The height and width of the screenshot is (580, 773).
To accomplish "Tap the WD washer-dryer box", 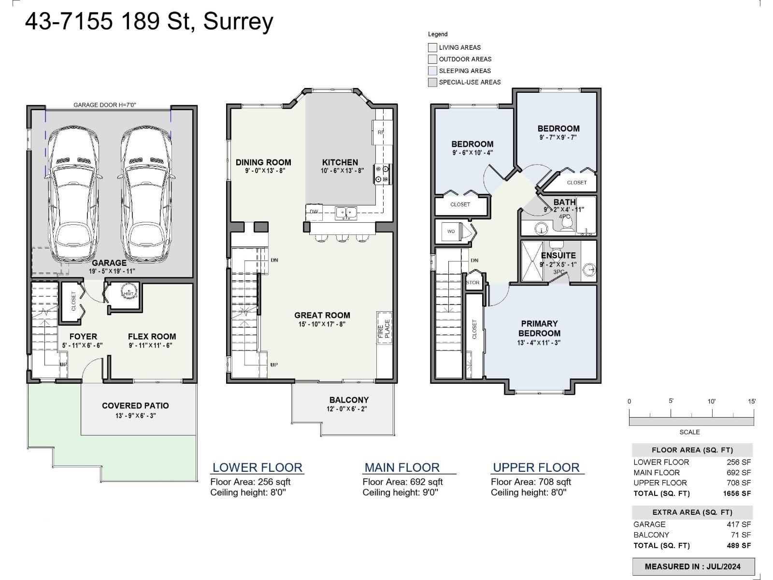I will [x=451, y=232].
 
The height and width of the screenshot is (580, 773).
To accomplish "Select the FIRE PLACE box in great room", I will [x=384, y=328].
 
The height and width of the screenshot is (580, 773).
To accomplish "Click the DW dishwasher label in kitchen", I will [x=314, y=212].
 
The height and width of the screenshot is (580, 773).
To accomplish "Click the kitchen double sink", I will [x=346, y=212].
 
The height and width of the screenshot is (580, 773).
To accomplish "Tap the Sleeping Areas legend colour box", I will [x=432, y=71].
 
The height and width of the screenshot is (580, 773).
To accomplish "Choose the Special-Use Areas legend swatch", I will [x=432, y=82].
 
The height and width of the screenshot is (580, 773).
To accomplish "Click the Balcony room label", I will [x=349, y=400].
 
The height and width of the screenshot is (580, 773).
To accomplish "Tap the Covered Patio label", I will [x=135, y=406].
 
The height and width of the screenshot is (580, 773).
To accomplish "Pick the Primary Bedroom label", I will [x=539, y=328].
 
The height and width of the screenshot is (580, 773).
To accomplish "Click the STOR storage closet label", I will [x=473, y=283].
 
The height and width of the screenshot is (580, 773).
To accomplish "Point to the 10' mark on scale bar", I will [x=712, y=402].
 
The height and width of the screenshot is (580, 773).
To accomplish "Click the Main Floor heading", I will [x=402, y=468].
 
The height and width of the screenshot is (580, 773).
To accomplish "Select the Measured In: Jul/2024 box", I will [x=693, y=566].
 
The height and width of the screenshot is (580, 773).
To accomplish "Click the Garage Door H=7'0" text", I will [x=101, y=105].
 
